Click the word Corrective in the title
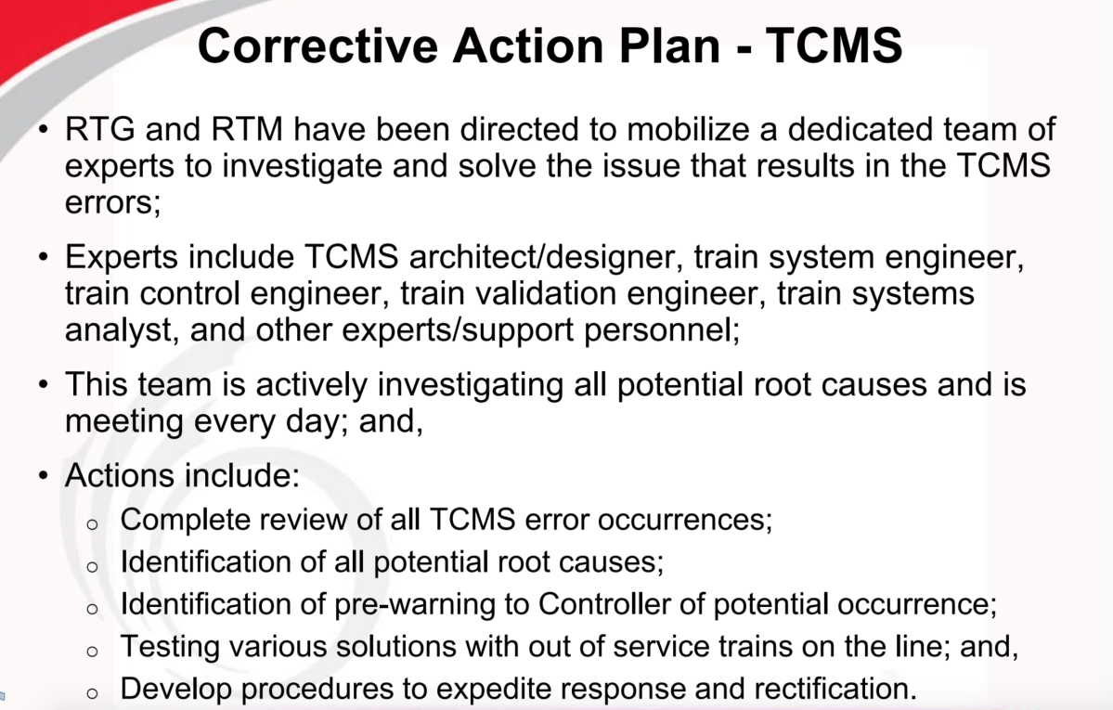click(x=318, y=45)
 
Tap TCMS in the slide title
click(x=834, y=45)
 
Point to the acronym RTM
click(x=247, y=129)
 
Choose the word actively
click(x=312, y=385)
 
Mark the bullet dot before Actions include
click(x=44, y=475)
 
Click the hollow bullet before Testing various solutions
click(x=92, y=652)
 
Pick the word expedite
click(x=504, y=690)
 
